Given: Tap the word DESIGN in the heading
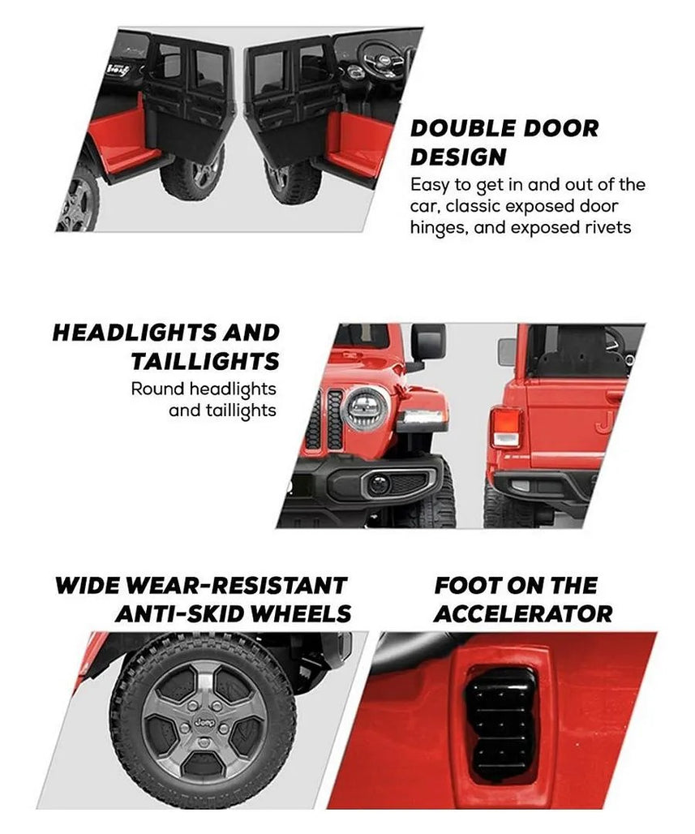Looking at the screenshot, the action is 458,157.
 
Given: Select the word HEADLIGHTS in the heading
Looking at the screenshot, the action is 135,333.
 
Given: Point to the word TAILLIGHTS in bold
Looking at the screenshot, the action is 204,361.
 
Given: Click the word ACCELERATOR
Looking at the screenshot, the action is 523,613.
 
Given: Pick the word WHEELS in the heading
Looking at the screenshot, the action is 300,613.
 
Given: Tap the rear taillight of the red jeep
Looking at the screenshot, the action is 504,427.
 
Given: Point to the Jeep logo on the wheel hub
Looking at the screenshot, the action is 204,722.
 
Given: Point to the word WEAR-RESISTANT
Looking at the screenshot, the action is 237,585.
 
